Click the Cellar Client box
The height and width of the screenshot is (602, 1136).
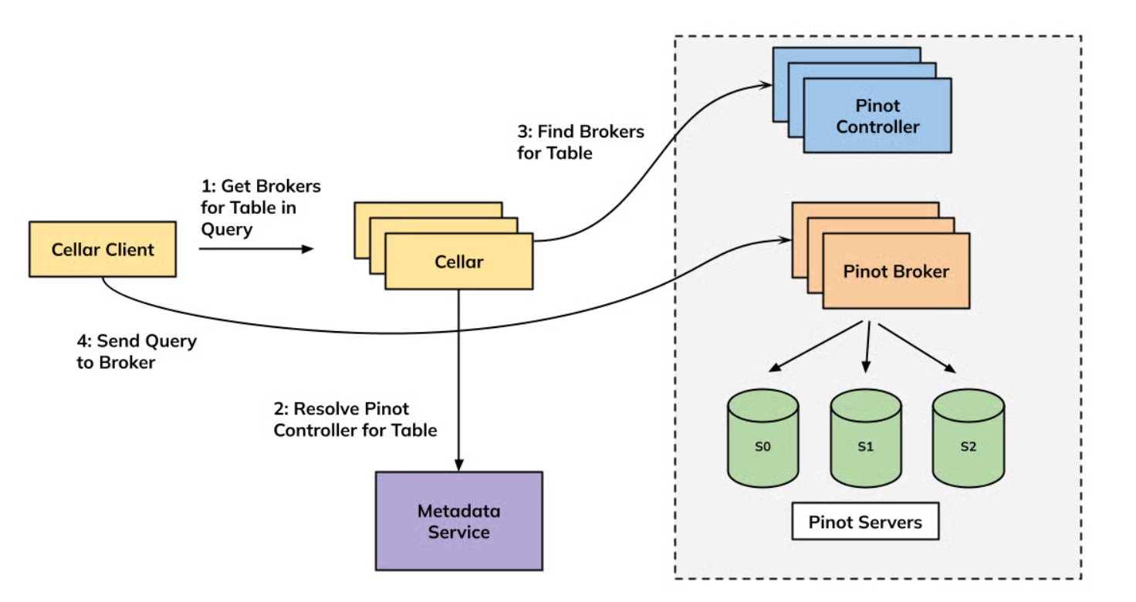pyautogui.click(x=103, y=249)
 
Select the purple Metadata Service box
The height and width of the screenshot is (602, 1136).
pyautogui.click(x=458, y=521)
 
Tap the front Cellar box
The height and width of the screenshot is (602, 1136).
pyautogui.click(x=458, y=262)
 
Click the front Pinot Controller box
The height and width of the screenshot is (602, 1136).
pyautogui.click(x=877, y=116)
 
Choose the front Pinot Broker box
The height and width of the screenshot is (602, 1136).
pyautogui.click(x=896, y=271)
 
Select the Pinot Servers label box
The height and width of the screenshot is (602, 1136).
pyautogui.click(x=865, y=523)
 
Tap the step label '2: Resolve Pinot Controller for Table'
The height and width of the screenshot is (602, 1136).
pyautogui.click(x=355, y=419)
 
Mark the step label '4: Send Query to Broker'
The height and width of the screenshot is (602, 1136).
pyautogui.click(x=137, y=351)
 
